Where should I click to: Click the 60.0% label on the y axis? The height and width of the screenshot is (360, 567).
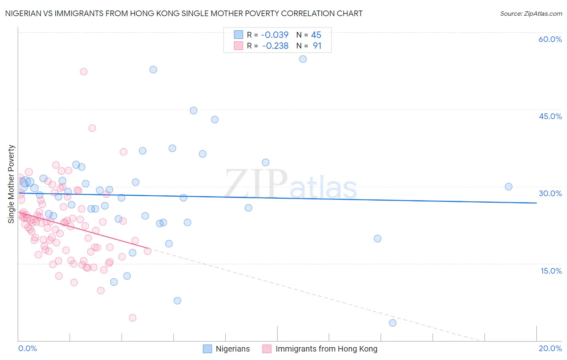pyautogui.click(x=550, y=39)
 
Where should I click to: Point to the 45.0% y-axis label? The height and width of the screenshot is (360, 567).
pyautogui.click(x=550, y=116)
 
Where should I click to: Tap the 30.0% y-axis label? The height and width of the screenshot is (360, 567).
pyautogui.click(x=550, y=193)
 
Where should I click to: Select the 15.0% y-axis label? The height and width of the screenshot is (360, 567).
pyautogui.click(x=551, y=271)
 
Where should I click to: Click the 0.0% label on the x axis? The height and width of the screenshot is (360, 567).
pyautogui.click(x=27, y=348)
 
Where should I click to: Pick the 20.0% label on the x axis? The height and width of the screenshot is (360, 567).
pyautogui.click(x=550, y=348)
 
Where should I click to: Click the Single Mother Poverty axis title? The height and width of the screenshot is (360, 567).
pyautogui.click(x=11, y=184)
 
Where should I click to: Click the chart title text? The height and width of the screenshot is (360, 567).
pyautogui.click(x=183, y=13)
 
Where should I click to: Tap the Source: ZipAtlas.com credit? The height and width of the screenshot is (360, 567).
pyautogui.click(x=531, y=13)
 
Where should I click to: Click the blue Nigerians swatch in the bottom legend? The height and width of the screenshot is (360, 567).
pyautogui.click(x=207, y=349)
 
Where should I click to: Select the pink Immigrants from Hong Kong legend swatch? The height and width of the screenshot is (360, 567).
pyautogui.click(x=267, y=349)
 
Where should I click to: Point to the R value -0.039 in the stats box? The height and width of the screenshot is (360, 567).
pyautogui.click(x=275, y=35)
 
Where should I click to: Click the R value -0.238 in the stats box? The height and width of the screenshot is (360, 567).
pyautogui.click(x=275, y=46)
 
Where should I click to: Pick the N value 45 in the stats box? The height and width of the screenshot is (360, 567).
pyautogui.click(x=316, y=35)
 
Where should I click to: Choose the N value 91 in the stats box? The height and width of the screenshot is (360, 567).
pyautogui.click(x=317, y=46)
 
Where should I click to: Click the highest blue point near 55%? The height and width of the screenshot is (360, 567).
pyautogui.click(x=303, y=59)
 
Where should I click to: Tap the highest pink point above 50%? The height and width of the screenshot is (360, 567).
pyautogui.click(x=83, y=71)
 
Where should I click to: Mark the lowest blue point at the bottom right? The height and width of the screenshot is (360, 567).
pyautogui.click(x=393, y=323)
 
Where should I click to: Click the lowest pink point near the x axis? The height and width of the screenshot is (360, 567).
pyautogui.click(x=132, y=318)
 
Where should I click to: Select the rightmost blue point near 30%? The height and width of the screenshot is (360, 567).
pyautogui.click(x=509, y=186)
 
